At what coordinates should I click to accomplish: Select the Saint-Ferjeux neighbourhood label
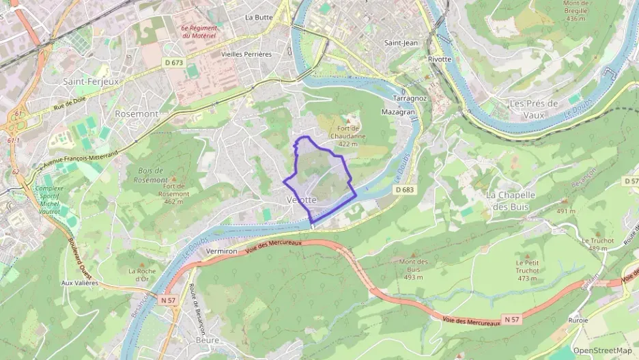coord(91,81)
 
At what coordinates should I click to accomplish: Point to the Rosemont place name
coord(137,113)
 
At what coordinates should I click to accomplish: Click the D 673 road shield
coord(174,63)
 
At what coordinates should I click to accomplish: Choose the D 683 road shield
coord(404,190)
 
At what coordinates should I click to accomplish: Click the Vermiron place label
coord(221,251)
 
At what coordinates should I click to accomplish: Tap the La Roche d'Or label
coord(142,275)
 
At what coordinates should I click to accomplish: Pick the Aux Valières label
coord(80,282)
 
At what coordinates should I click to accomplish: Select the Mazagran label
coord(399,111)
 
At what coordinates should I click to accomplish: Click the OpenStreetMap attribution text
coord(602,350)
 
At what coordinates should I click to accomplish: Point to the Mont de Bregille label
coord(576,11)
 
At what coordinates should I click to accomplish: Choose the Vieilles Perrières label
coord(246,54)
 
